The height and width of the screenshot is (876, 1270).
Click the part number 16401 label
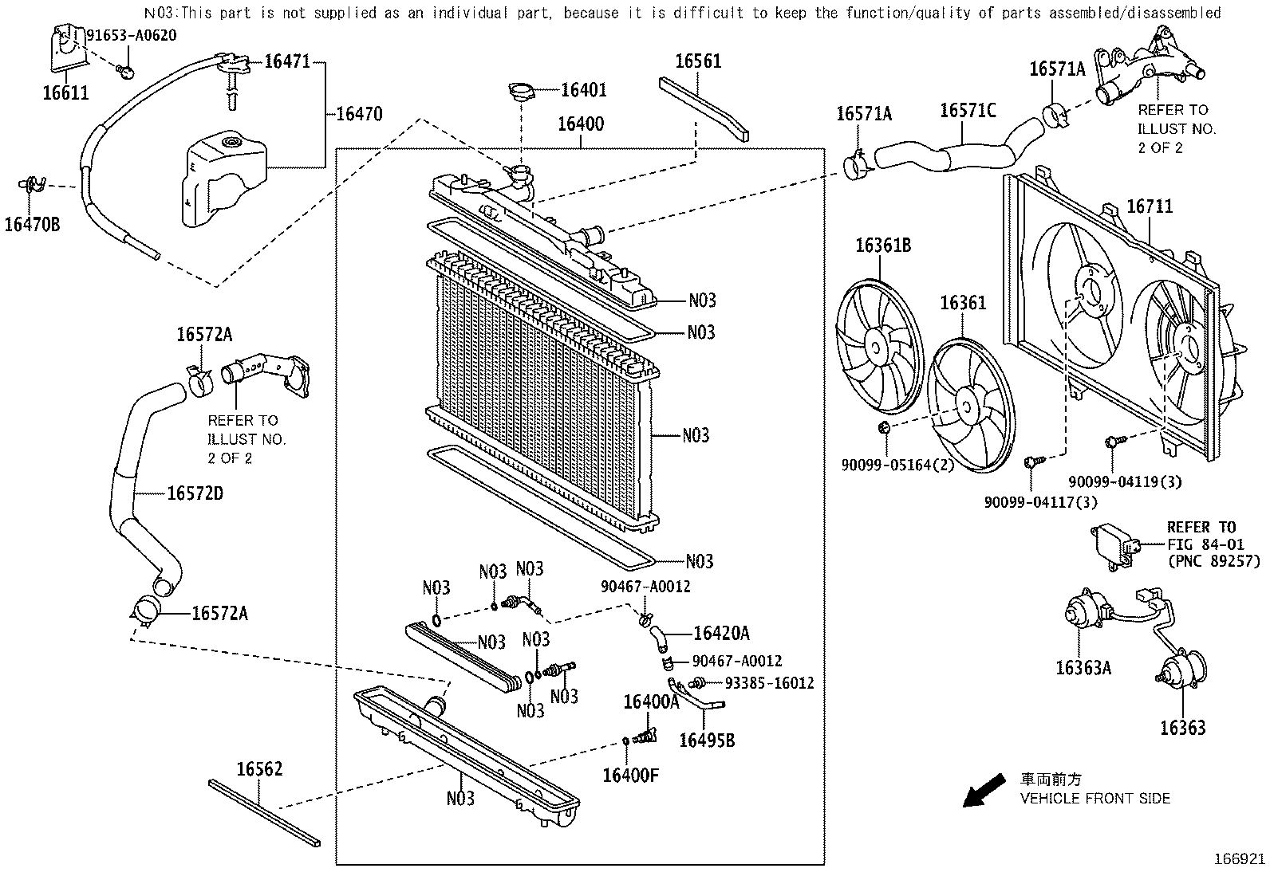click(583, 90)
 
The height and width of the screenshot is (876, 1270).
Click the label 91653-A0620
click(131, 35)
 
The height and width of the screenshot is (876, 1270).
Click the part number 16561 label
click(698, 61)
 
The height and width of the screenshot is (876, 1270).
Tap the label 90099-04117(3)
click(1040, 501)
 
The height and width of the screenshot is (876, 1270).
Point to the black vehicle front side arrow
click(983, 791)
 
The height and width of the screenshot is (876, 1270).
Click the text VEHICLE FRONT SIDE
click(1095, 798)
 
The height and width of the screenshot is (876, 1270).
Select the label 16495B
click(707, 740)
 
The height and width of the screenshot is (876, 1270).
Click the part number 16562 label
click(259, 769)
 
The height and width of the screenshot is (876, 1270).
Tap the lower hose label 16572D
click(195, 493)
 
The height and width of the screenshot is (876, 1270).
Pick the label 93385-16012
click(769, 683)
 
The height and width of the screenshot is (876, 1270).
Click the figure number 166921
click(1239, 859)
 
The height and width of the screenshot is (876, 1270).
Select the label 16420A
click(721, 633)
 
